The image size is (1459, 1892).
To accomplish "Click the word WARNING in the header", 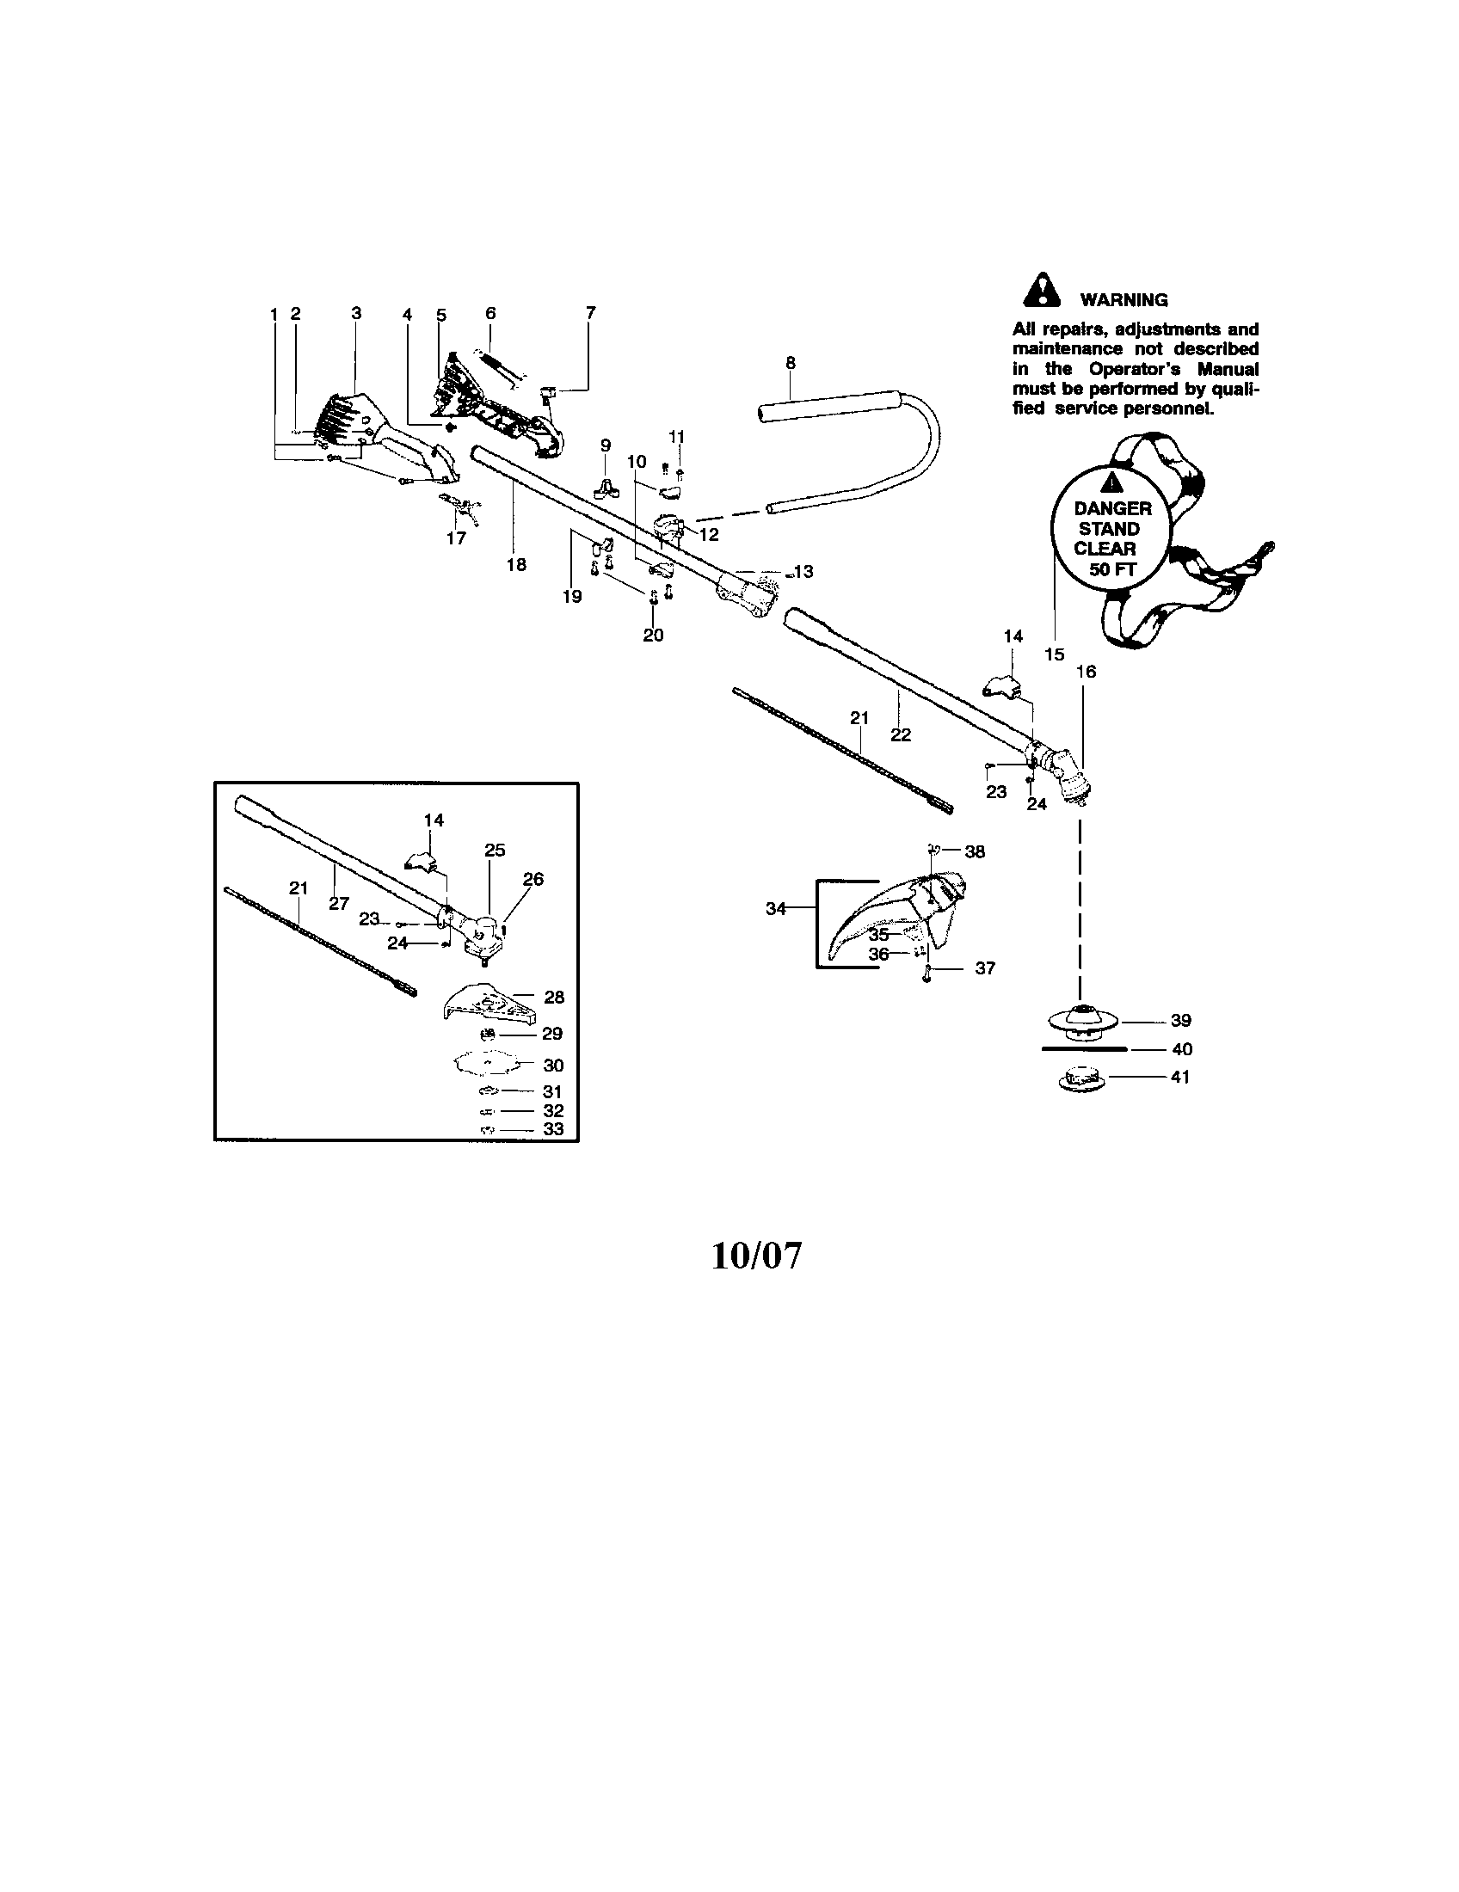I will tap(1123, 301).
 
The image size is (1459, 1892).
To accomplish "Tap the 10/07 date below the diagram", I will tap(756, 1256).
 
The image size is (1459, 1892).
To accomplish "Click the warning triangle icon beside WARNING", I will tap(1043, 291).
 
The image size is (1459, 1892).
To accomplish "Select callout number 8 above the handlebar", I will tap(790, 363).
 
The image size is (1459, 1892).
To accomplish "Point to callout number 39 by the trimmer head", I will tap(1181, 1022).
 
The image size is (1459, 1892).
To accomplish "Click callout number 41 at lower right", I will tap(1180, 1077).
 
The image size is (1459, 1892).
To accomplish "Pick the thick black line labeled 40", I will tap(1082, 1048).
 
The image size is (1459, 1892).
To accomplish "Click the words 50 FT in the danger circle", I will tap(1112, 570).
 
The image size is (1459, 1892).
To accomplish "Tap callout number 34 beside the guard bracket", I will tap(775, 909).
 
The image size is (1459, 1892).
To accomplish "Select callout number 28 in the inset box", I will tap(554, 997).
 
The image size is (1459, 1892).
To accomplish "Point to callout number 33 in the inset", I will tap(553, 1129).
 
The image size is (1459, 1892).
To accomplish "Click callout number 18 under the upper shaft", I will tap(516, 565).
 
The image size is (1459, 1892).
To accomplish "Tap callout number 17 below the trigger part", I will tap(456, 538).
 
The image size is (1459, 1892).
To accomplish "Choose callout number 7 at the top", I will tap(591, 313).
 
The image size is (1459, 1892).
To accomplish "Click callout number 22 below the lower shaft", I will tap(901, 734).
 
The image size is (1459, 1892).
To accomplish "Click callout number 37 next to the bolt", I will tap(985, 968).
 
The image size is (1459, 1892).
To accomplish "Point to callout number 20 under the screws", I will tap(653, 635).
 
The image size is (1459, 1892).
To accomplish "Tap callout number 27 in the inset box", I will tap(339, 904).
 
